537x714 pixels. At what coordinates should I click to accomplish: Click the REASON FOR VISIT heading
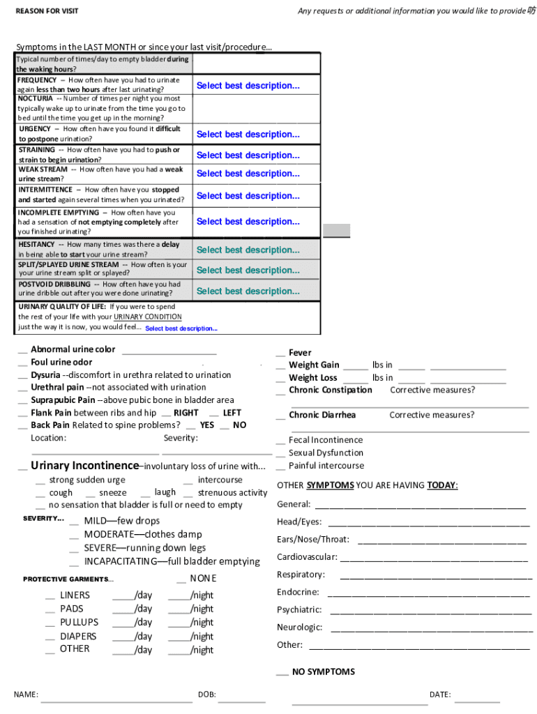(x=47, y=11)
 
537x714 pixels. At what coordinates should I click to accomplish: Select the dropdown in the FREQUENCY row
(x=248, y=86)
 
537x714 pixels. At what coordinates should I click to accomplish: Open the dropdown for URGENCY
(x=248, y=135)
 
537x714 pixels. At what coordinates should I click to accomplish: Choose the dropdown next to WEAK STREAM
(x=248, y=174)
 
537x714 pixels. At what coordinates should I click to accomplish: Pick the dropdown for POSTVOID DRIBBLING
(x=248, y=291)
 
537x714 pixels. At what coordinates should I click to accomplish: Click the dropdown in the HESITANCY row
(x=248, y=250)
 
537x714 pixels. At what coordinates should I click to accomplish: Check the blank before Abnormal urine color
(x=23, y=350)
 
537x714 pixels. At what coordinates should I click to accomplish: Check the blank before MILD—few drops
(x=74, y=522)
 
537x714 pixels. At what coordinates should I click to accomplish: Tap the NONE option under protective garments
(x=203, y=579)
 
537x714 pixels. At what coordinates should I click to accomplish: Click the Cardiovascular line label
(x=307, y=557)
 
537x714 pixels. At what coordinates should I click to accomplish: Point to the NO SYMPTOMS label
(x=323, y=672)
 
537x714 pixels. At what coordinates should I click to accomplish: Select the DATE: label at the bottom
(x=439, y=695)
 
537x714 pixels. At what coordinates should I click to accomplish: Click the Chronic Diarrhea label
(x=322, y=416)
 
